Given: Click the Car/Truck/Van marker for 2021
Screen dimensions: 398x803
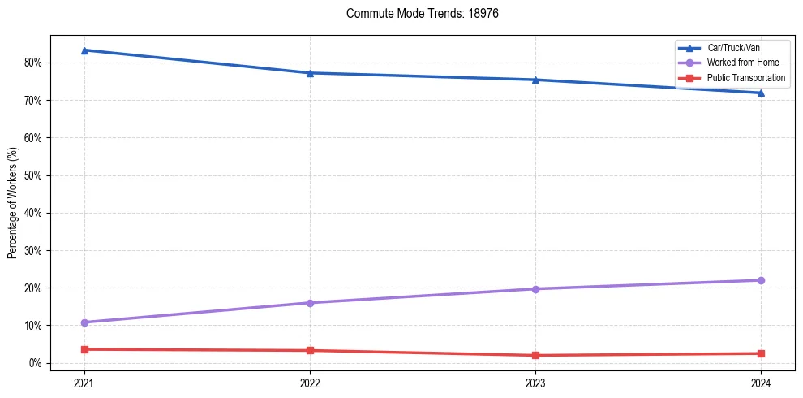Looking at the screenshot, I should pyautogui.click(x=84, y=50).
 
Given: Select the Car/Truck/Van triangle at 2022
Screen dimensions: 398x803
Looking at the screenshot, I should pyautogui.click(x=310, y=73).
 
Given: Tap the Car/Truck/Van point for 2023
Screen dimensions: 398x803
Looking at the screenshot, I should pyautogui.click(x=535, y=80).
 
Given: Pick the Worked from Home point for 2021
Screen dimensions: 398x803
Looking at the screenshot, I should pyautogui.click(x=84, y=322).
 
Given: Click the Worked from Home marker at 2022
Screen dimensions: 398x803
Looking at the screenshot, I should pyautogui.click(x=310, y=303).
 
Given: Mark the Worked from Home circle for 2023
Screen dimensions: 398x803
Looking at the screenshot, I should pyautogui.click(x=535, y=289).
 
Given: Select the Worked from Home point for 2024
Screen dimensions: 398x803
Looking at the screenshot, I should pyautogui.click(x=761, y=280).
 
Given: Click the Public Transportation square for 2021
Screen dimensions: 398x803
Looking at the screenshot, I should pyautogui.click(x=84, y=349).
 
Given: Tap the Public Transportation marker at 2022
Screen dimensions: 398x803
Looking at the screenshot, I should pyautogui.click(x=310, y=350).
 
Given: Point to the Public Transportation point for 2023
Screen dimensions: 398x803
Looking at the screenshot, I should pyautogui.click(x=535, y=355).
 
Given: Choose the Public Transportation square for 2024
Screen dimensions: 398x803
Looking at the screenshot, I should pyautogui.click(x=761, y=353).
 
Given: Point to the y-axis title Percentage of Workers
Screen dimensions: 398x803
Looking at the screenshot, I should pyautogui.click(x=13, y=203).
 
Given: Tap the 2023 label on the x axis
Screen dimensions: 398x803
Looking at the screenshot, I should pyautogui.click(x=535, y=383).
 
